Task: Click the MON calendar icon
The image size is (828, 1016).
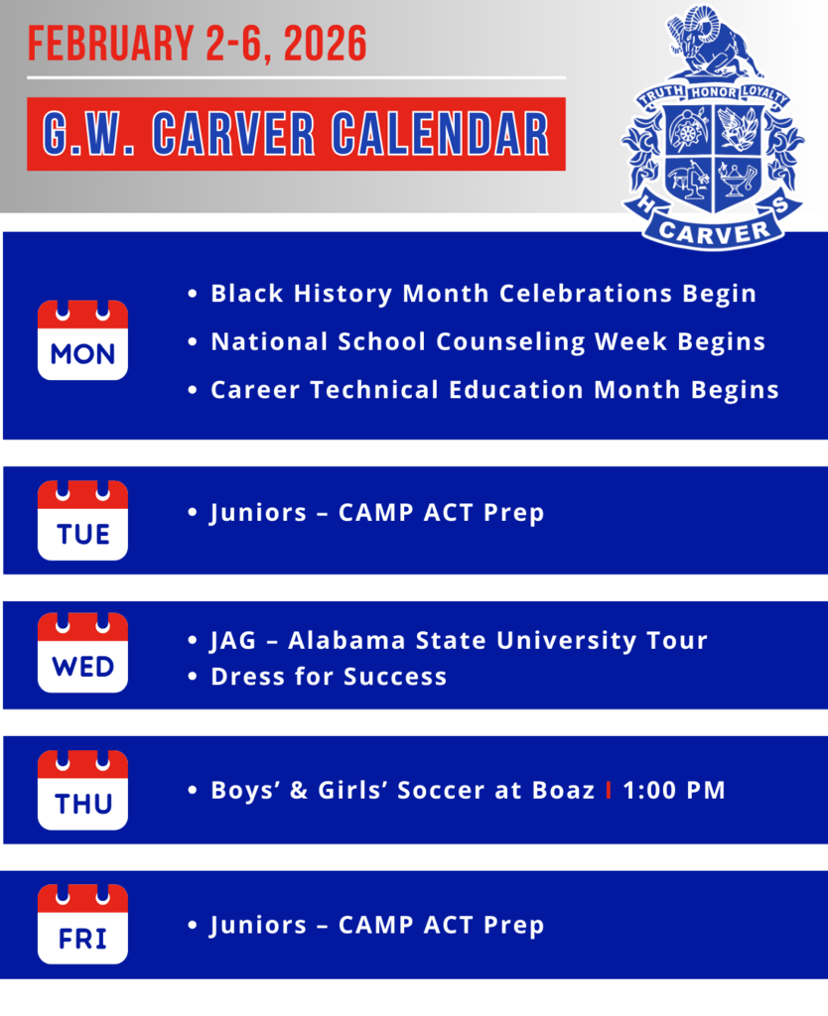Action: pyautogui.click(x=82, y=340)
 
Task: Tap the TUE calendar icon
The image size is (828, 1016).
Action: pyautogui.click(x=82, y=521)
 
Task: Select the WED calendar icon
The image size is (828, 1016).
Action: pyautogui.click(x=82, y=653)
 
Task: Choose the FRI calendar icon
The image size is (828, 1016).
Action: pyautogui.click(x=82, y=925)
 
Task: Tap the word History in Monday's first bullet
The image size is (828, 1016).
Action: pyautogui.click(x=344, y=294)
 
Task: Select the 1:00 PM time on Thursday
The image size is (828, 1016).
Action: pyautogui.click(x=674, y=791)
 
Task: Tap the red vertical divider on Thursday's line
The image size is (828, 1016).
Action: pyautogui.click(x=608, y=791)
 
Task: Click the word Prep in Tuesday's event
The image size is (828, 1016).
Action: pyautogui.click(x=514, y=513)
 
